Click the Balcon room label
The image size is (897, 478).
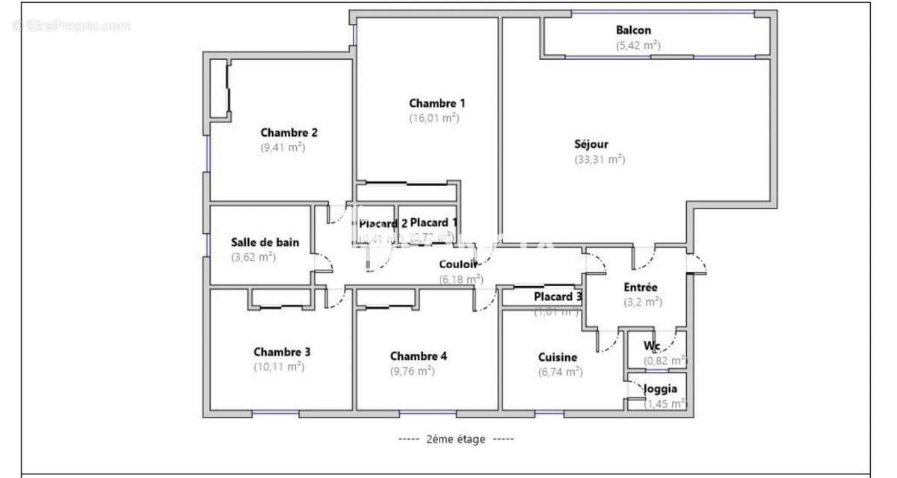(633, 31)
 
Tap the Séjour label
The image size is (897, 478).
(591, 144)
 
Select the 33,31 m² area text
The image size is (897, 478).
(599, 159)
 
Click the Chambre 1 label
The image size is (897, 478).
(437, 103)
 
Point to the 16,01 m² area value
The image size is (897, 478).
(434, 117)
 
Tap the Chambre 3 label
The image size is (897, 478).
(282, 352)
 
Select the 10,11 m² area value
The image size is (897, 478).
(279, 367)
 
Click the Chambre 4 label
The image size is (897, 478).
(419, 356)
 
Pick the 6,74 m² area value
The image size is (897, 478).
(560, 371)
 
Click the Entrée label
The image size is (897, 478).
(641, 288)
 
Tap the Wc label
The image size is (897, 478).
(652, 346)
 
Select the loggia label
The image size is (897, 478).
(660, 388)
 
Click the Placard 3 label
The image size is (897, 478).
(558, 297)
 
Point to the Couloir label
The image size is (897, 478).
(459, 264)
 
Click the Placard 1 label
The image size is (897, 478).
(434, 223)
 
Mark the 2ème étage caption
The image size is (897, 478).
(455, 439)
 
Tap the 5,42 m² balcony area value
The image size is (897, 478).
(638, 45)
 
